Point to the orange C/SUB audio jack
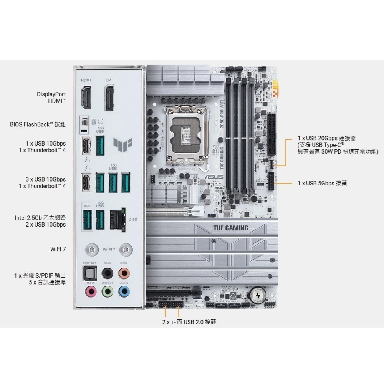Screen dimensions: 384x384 (124, 273)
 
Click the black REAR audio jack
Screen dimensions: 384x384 (108, 273)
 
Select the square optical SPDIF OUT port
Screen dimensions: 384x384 (91, 273)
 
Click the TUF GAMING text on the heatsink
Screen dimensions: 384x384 (230, 228)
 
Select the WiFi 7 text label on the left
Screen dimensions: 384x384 (58, 249)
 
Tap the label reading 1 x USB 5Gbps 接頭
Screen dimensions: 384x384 (322, 184)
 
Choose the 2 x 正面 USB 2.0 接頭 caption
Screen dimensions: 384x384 (189, 322)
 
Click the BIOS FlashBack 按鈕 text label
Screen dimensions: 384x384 (38, 124)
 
